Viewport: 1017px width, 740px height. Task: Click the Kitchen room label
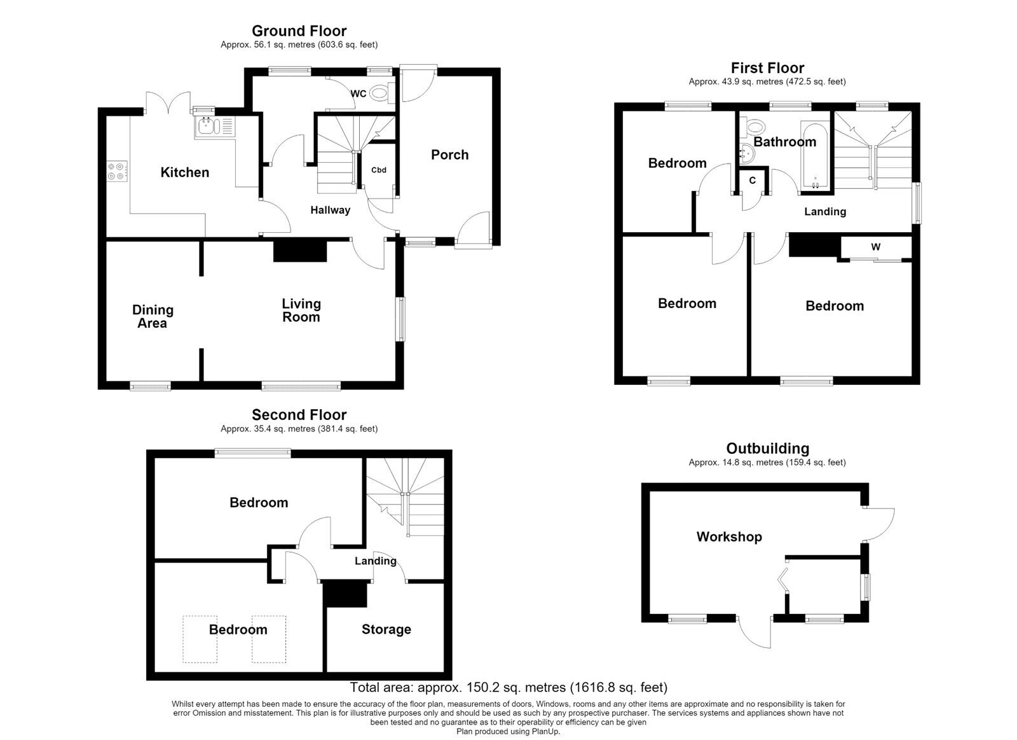tap(185, 172)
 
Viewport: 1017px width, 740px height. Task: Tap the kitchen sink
tap(214, 127)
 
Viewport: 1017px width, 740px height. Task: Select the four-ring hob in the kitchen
tap(117, 171)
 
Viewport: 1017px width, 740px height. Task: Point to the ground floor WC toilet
tap(381, 94)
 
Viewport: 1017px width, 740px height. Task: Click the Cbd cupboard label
tap(379, 170)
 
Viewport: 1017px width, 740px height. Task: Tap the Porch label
tap(449, 155)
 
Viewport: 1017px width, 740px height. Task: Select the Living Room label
tap(301, 310)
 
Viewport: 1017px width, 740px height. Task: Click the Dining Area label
tap(153, 316)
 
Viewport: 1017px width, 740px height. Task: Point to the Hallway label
tap(330, 210)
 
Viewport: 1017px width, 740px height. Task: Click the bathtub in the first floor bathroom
tap(816, 155)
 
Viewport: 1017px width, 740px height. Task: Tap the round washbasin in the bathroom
tap(746, 153)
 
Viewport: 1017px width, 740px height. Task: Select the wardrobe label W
tap(876, 247)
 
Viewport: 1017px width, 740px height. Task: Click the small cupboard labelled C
tap(753, 181)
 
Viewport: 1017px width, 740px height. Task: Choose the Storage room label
tap(386, 629)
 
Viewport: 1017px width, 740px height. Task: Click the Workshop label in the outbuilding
tap(729, 537)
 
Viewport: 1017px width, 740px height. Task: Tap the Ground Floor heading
tap(299, 31)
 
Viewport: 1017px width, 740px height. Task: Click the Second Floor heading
tap(299, 415)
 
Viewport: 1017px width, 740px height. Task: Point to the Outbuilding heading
tap(768, 448)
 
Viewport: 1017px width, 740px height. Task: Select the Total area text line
tap(508, 687)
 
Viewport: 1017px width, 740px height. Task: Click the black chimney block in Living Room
tap(300, 251)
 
